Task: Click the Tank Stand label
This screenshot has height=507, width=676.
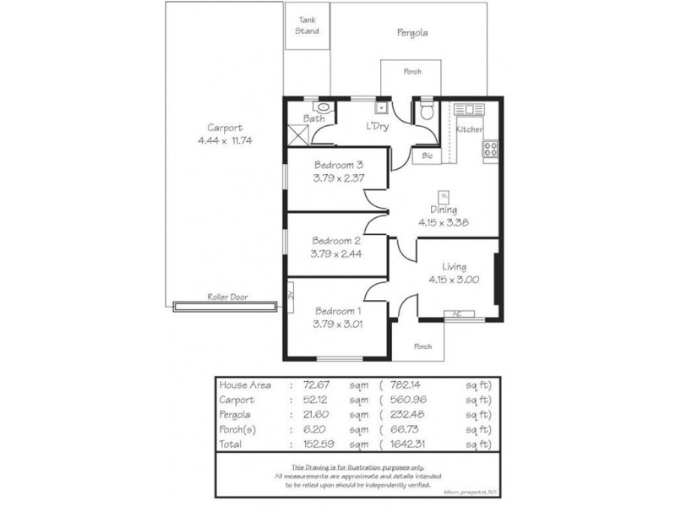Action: [307, 25]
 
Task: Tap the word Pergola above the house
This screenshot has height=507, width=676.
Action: [412, 34]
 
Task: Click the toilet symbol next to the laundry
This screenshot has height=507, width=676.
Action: [427, 112]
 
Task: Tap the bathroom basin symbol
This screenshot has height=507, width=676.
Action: [321, 107]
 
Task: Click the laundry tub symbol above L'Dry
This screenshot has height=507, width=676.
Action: [381, 107]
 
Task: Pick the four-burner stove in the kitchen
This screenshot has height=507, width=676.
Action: [489, 150]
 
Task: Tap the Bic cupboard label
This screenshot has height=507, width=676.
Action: [427, 156]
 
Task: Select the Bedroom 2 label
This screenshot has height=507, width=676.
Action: [338, 239]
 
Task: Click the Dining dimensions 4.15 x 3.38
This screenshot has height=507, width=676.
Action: [444, 223]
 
